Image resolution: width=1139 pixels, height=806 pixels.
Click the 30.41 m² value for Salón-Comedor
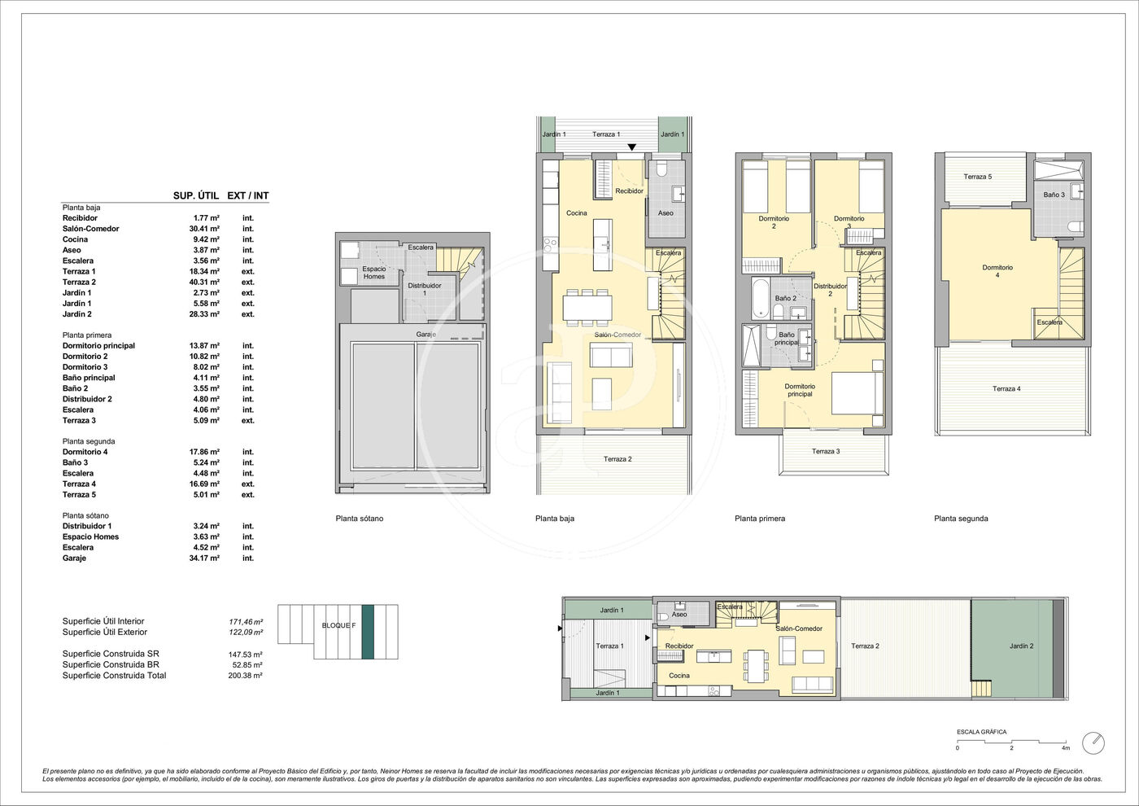[x=204, y=229]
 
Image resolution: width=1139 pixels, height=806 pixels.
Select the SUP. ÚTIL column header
[x=196, y=196]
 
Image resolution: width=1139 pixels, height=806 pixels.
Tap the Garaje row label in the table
[x=74, y=559]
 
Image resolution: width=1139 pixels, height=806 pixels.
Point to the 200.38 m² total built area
[x=245, y=676]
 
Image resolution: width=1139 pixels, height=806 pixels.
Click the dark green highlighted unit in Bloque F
[x=368, y=632]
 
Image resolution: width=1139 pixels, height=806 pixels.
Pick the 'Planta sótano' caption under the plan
[x=360, y=519]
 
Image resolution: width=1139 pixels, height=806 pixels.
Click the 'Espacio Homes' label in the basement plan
[x=374, y=273]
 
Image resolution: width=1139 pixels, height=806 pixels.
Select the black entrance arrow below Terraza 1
[x=631, y=147]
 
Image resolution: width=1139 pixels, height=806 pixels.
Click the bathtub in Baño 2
[x=761, y=298]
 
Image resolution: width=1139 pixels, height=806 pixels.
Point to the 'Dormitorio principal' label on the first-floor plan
[x=800, y=390]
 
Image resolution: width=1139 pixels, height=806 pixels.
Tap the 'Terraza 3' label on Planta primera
[x=826, y=451]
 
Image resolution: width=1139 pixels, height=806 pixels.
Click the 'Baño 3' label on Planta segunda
[x=1054, y=195]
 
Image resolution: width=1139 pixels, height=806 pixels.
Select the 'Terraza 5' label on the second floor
[x=978, y=177]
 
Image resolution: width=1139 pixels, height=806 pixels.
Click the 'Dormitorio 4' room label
[x=997, y=271]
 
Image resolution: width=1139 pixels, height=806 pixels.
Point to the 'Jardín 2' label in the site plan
[x=1022, y=646]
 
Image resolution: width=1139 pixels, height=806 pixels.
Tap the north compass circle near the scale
[x=1093, y=743]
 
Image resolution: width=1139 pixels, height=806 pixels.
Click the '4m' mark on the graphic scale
[x=1066, y=748]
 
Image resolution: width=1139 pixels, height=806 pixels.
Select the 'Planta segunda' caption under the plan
[x=961, y=519]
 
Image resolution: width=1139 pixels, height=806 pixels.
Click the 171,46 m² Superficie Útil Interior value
[x=246, y=622]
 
